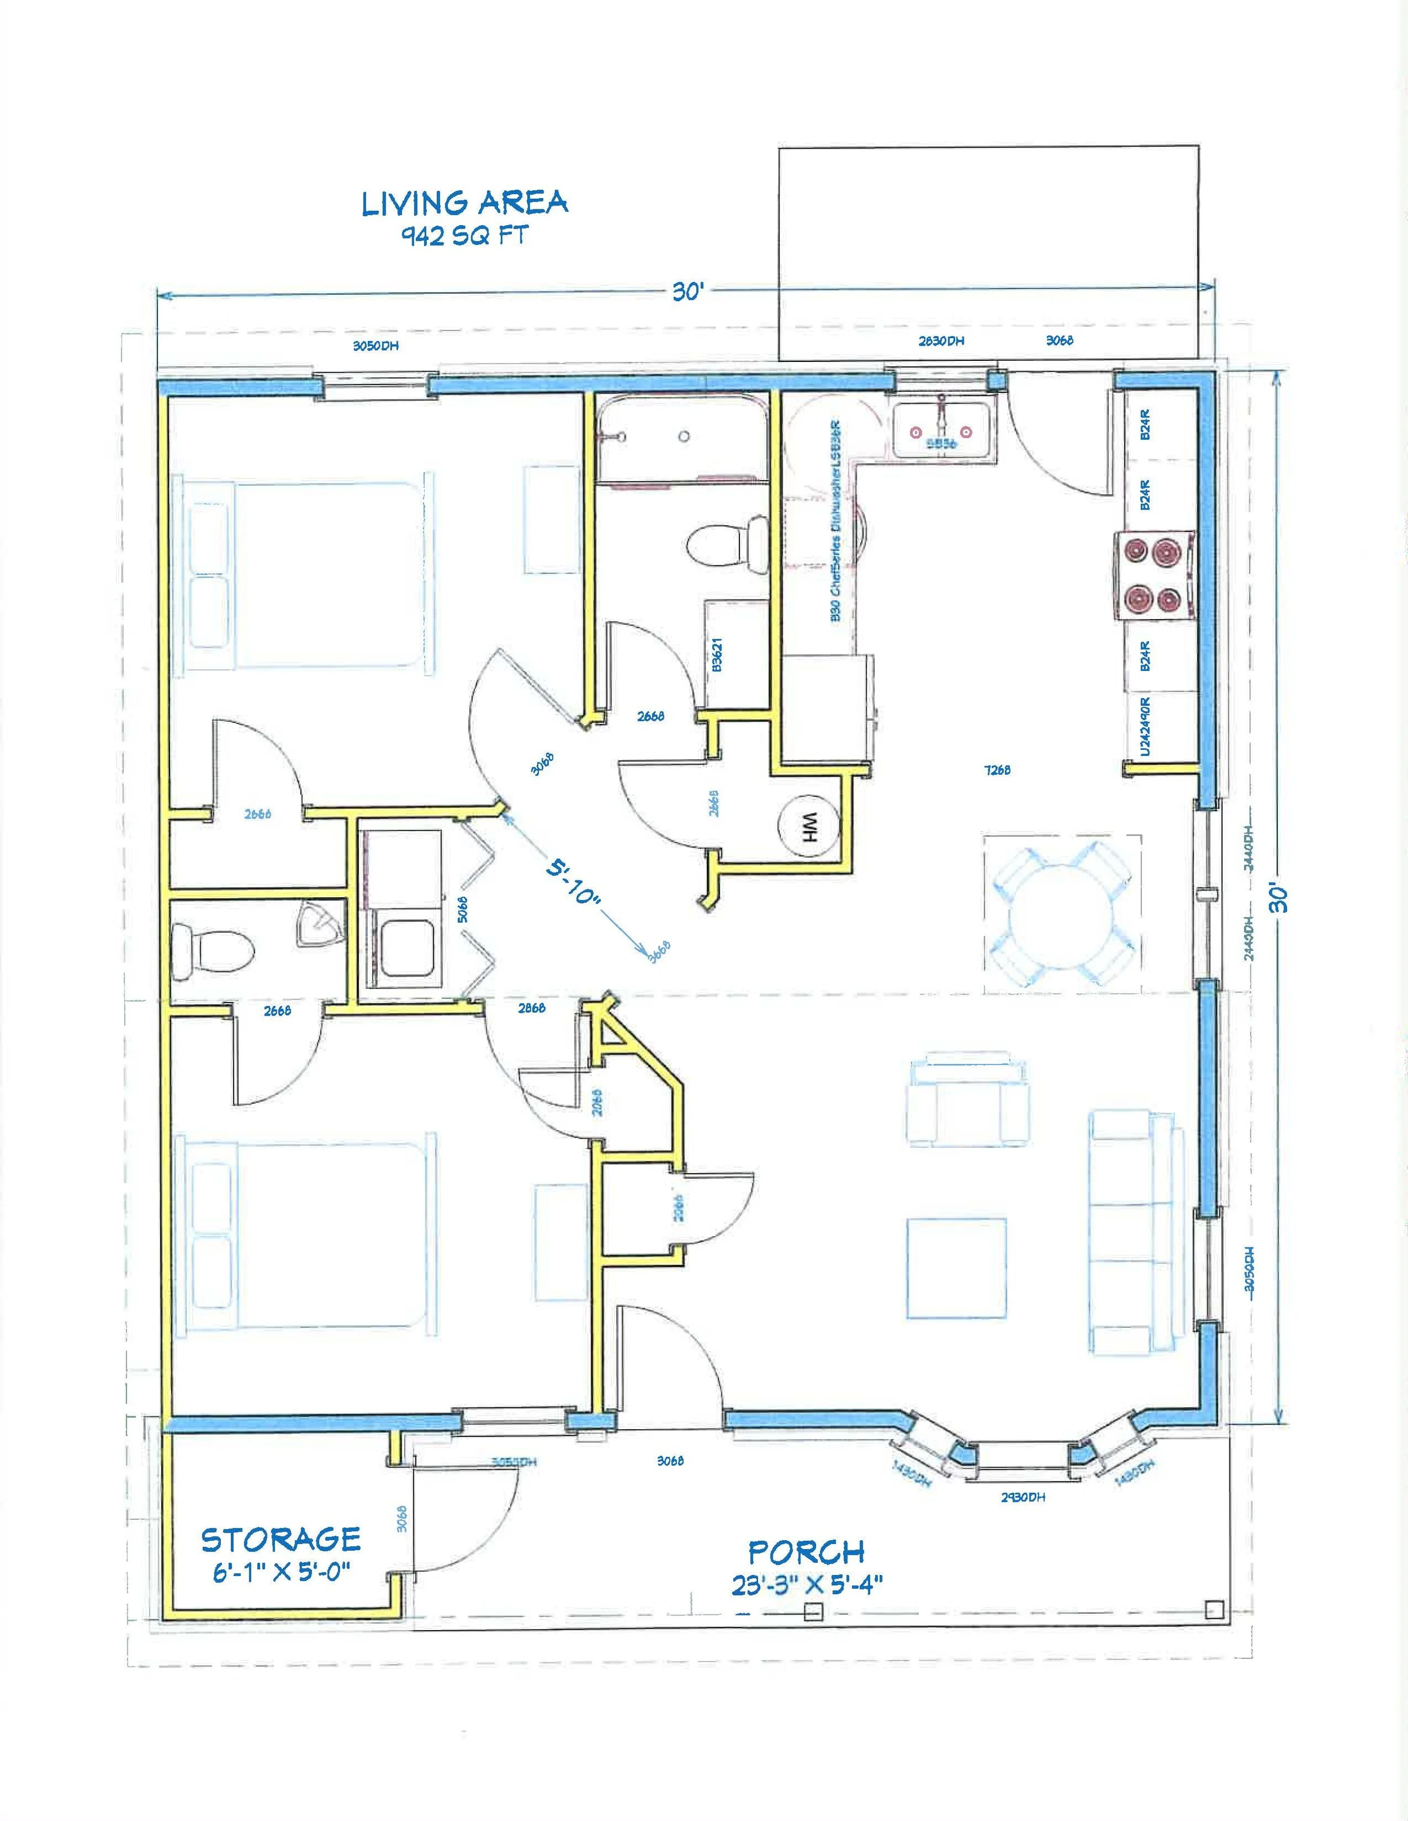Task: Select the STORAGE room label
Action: [280, 1538]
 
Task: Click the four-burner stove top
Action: [1156, 575]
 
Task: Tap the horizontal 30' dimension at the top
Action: [687, 293]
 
